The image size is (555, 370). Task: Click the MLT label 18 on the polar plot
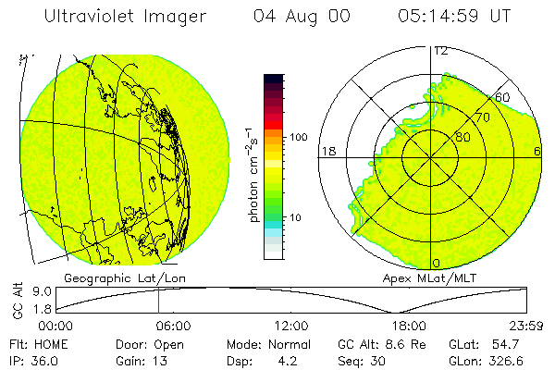click(327, 151)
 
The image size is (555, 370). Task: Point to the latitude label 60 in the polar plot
click(503, 97)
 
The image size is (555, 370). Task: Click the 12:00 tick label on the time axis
click(291, 326)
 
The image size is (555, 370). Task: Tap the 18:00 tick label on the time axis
click(409, 326)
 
